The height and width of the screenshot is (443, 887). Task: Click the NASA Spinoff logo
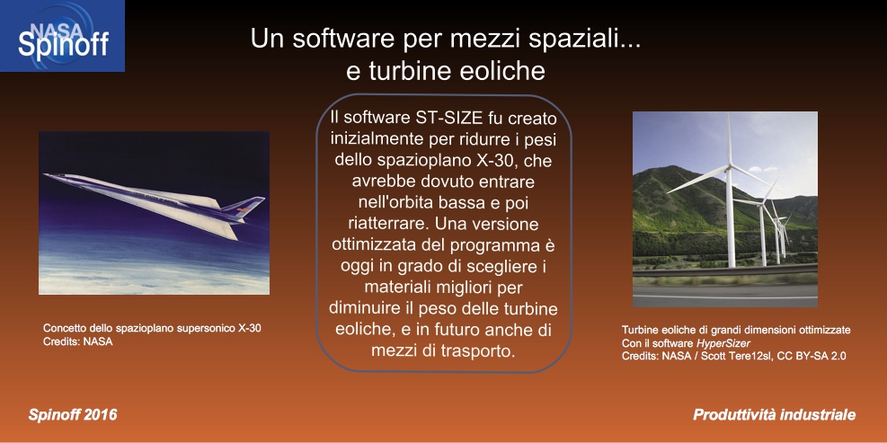(62, 36)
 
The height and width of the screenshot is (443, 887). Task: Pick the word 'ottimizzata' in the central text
(376, 244)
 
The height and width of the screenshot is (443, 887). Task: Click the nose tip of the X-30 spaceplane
(46, 175)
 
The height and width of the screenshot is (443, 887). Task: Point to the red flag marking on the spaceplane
(243, 209)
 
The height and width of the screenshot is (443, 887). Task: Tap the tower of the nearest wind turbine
(731, 217)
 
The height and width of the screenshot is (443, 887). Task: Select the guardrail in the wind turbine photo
(725, 270)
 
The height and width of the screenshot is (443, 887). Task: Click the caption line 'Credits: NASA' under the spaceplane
(78, 341)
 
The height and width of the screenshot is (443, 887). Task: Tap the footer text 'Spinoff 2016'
(73, 415)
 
